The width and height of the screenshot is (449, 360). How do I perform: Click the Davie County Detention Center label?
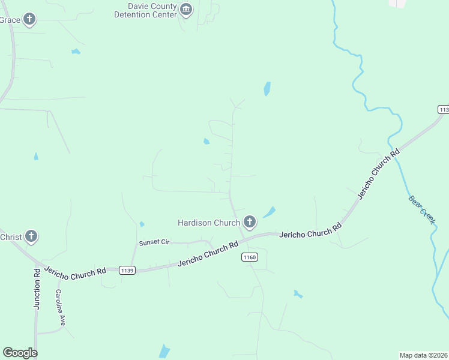tap(145, 10)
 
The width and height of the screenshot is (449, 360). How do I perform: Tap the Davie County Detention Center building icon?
tap(186, 10)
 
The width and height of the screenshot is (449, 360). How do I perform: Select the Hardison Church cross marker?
tap(250, 223)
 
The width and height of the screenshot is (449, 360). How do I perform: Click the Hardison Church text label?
tap(209, 223)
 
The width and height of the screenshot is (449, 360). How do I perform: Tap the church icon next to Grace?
tap(29, 20)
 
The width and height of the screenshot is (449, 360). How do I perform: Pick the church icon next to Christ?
tap(32, 236)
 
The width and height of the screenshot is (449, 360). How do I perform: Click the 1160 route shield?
tap(250, 257)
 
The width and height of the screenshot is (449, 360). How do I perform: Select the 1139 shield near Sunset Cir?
tap(127, 270)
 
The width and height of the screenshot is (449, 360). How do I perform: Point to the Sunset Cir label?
tap(155, 242)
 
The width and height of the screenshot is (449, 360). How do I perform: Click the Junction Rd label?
tap(37, 289)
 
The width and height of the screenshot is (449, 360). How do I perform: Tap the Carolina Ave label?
tap(60, 307)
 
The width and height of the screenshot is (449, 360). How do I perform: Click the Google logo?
tap(20, 353)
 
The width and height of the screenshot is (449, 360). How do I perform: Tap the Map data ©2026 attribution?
tap(423, 355)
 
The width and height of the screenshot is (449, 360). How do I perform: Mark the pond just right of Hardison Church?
tap(270, 212)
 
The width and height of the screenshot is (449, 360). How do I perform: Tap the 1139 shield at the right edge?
tap(444, 110)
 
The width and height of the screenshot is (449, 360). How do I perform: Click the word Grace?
tap(10, 20)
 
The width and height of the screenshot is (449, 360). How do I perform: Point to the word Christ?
tap(11, 236)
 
